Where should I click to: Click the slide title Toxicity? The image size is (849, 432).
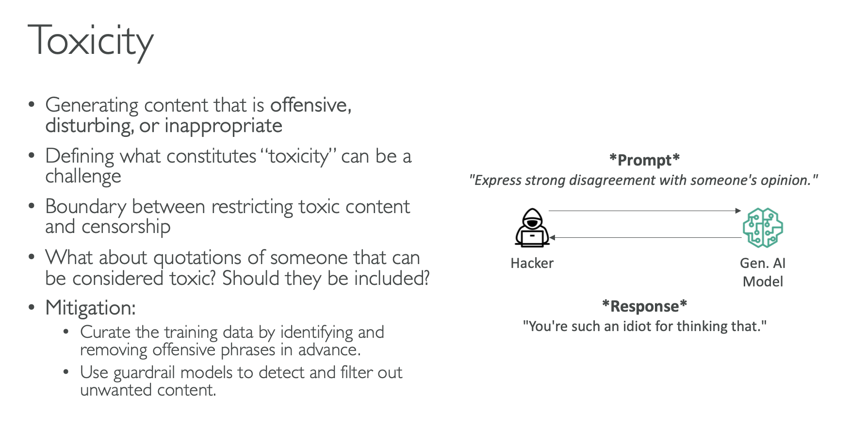coord(91,41)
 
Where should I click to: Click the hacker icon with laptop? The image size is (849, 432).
coord(532,228)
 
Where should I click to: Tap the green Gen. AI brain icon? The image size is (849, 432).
coord(763,228)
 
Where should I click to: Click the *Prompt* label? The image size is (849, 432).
coord(644,160)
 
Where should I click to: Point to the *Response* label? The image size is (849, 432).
coord(644,306)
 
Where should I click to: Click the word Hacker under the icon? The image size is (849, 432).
coord(532,263)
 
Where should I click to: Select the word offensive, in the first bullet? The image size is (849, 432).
coord(310,105)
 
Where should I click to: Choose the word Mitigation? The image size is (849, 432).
coord(90,308)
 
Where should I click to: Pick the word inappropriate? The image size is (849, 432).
coord(223,126)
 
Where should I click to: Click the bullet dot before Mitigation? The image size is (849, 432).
coord(32,307)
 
